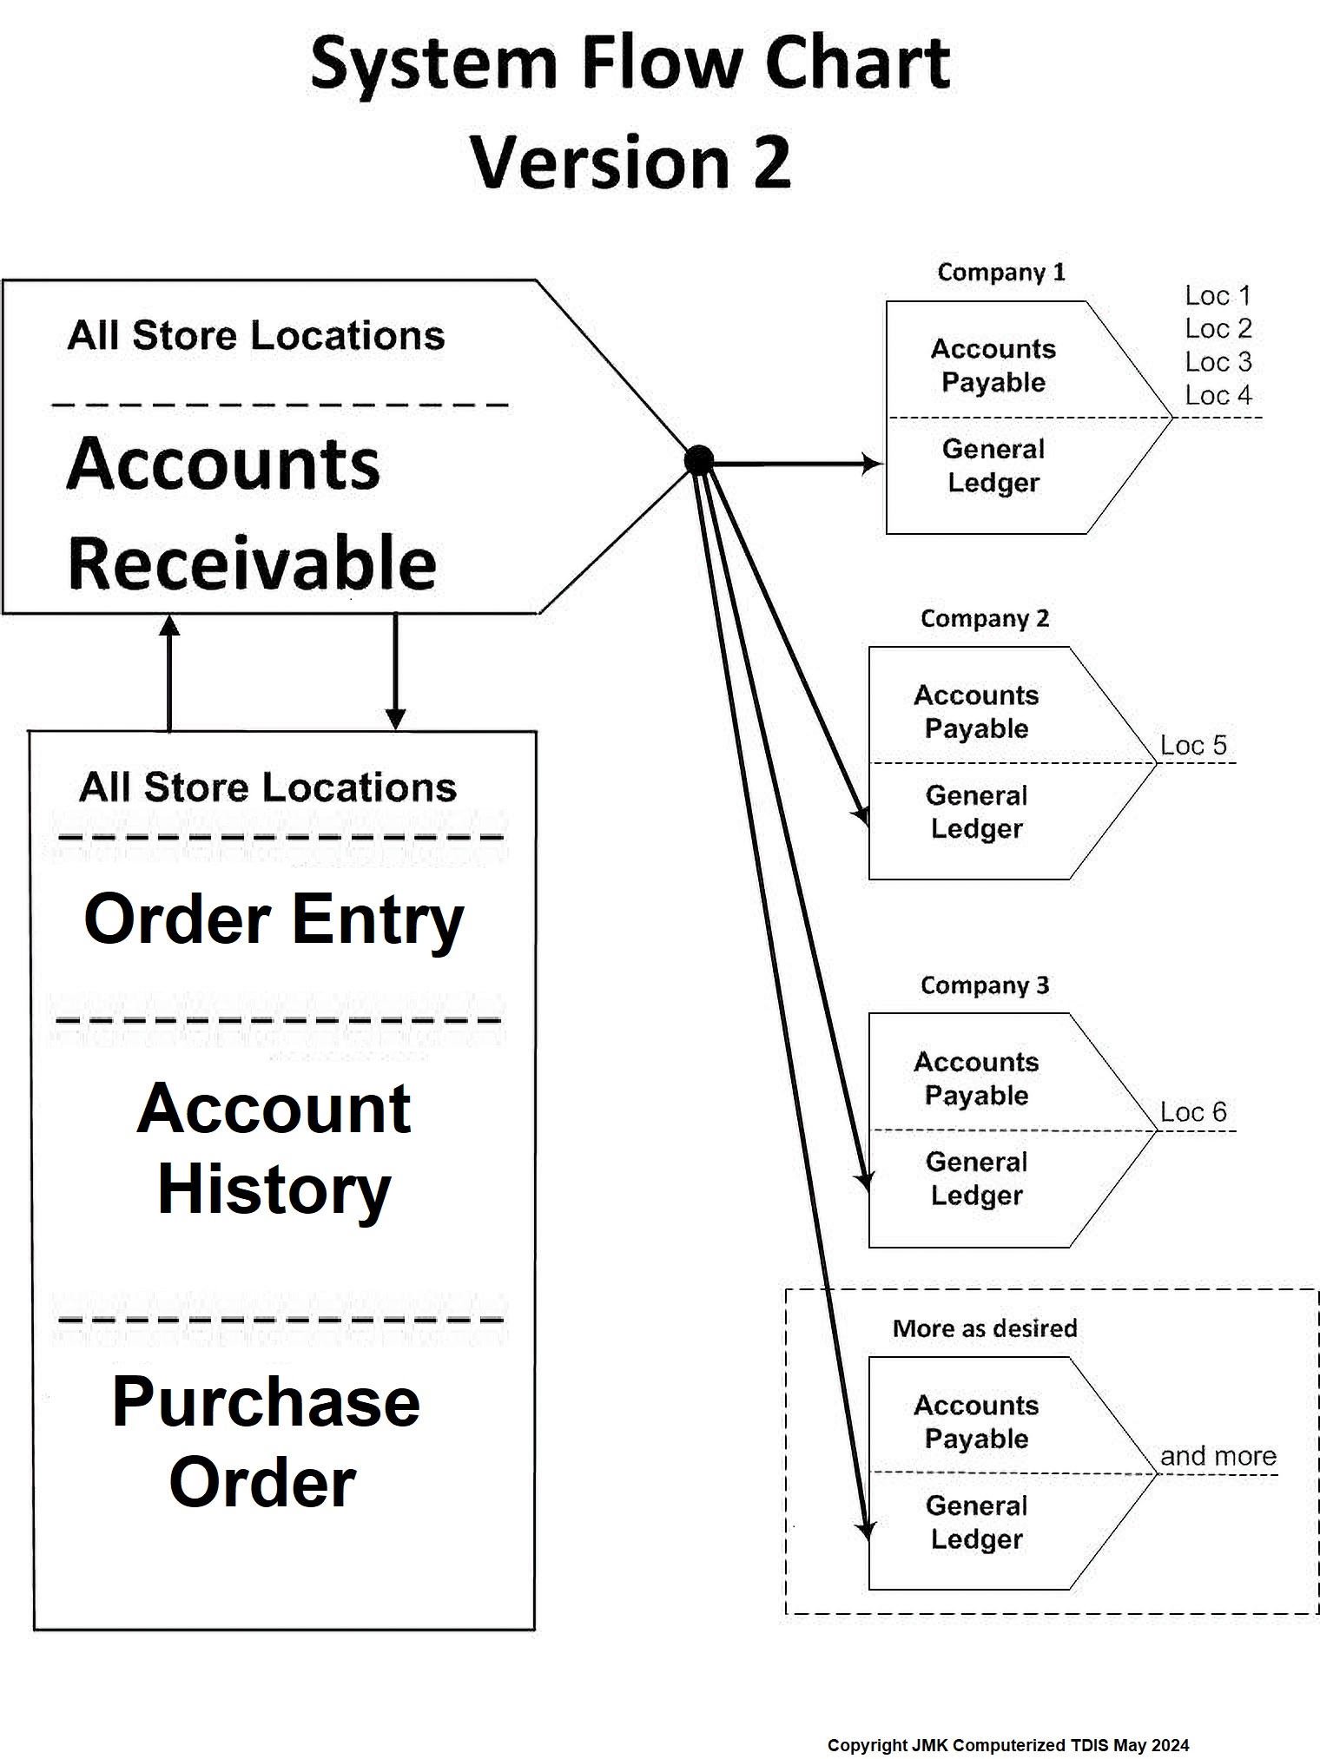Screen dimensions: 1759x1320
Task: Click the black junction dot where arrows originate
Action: point(699,460)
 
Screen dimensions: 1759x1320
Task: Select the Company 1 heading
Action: point(1000,273)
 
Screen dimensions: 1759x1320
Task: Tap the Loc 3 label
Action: point(1218,362)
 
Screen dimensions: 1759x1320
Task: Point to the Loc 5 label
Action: point(1193,745)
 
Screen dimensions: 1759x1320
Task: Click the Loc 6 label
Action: point(1193,1112)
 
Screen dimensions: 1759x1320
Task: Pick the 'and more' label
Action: point(1218,1456)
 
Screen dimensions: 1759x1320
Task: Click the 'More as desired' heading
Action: point(985,1328)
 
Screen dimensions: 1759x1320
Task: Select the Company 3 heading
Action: point(985,985)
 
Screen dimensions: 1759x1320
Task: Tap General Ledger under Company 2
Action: point(976,812)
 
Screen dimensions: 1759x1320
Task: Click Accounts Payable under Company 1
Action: point(993,366)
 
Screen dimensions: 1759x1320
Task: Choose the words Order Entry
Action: point(274,920)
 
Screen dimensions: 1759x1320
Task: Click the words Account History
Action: point(274,1149)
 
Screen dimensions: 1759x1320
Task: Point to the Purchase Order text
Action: point(265,1442)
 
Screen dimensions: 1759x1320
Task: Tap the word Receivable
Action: point(252,563)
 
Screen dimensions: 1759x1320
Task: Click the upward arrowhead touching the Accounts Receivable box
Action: point(169,625)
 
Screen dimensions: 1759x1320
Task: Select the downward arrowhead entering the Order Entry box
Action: point(395,719)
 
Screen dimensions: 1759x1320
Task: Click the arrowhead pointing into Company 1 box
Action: point(871,463)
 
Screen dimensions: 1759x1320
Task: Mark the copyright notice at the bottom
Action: point(1007,1745)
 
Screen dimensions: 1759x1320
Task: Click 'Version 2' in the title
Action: point(630,162)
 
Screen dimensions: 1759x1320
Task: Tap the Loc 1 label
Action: point(1218,296)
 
